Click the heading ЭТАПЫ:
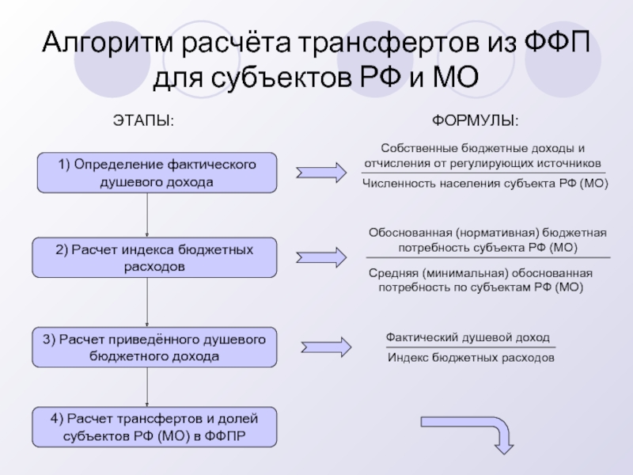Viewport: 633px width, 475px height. click(x=142, y=121)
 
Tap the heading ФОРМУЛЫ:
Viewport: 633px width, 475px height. click(x=475, y=121)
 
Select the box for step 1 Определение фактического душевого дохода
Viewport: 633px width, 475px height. click(x=155, y=173)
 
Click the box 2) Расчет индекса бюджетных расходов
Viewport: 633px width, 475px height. click(x=155, y=258)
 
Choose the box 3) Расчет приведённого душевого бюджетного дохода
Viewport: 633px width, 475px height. click(x=155, y=347)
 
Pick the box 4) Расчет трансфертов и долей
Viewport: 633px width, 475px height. click(x=155, y=426)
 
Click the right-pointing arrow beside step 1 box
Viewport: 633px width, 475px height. click(x=321, y=172)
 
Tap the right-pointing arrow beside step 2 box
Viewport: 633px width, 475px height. click(x=321, y=256)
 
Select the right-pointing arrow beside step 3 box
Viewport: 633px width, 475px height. click(x=326, y=346)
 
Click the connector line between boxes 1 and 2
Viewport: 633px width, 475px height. click(x=148, y=215)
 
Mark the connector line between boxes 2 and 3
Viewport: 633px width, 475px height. click(x=148, y=302)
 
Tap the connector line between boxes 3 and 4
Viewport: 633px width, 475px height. click(x=148, y=386)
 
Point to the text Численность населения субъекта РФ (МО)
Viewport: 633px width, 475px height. click(x=484, y=183)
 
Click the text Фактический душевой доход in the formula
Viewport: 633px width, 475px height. click(x=468, y=337)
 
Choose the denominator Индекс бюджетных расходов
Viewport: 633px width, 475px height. click(x=471, y=358)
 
